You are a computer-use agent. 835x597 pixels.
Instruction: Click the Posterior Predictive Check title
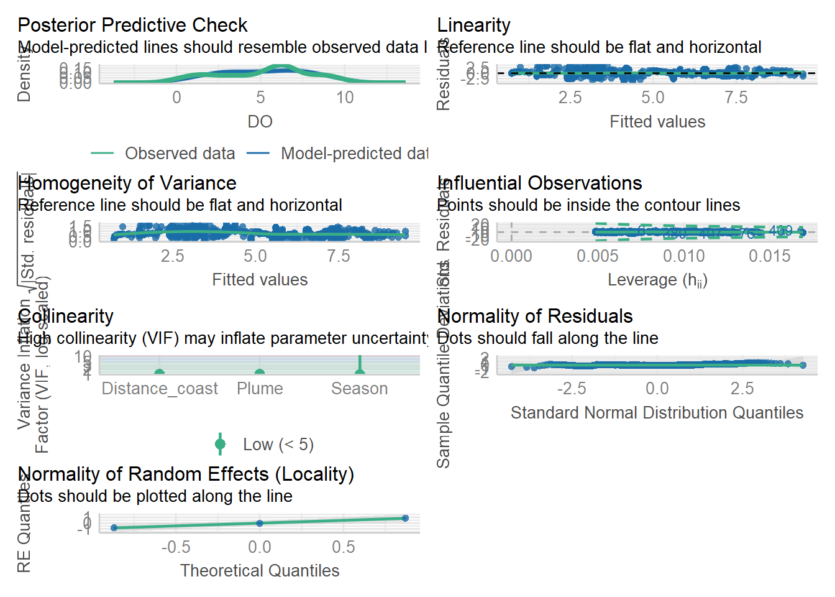[132, 25]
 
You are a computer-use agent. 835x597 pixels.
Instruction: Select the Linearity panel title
[473, 25]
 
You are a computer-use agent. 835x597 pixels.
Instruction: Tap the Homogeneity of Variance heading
[127, 183]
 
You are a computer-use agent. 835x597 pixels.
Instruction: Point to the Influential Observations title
[539, 183]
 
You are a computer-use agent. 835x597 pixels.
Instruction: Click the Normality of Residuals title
[535, 317]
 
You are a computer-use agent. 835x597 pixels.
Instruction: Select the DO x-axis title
[260, 122]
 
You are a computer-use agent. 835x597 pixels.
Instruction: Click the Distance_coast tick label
[160, 389]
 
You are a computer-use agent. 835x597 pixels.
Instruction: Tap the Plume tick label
[260, 389]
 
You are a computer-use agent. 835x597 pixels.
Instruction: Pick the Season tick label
[359, 389]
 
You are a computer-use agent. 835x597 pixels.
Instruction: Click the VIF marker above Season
[360, 371]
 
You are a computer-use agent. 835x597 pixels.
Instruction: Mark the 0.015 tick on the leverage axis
[769, 256]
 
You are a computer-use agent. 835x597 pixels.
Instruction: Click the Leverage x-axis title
[657, 280]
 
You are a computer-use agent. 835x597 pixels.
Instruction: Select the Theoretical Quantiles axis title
[260, 571]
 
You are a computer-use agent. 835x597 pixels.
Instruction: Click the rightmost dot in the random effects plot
[405, 518]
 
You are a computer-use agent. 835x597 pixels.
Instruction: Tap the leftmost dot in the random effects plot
[114, 528]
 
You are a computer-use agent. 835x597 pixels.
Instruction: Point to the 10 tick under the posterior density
[345, 98]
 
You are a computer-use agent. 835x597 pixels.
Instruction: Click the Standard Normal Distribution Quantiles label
[657, 413]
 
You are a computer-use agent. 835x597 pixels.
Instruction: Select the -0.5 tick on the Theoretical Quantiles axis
[175, 547]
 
